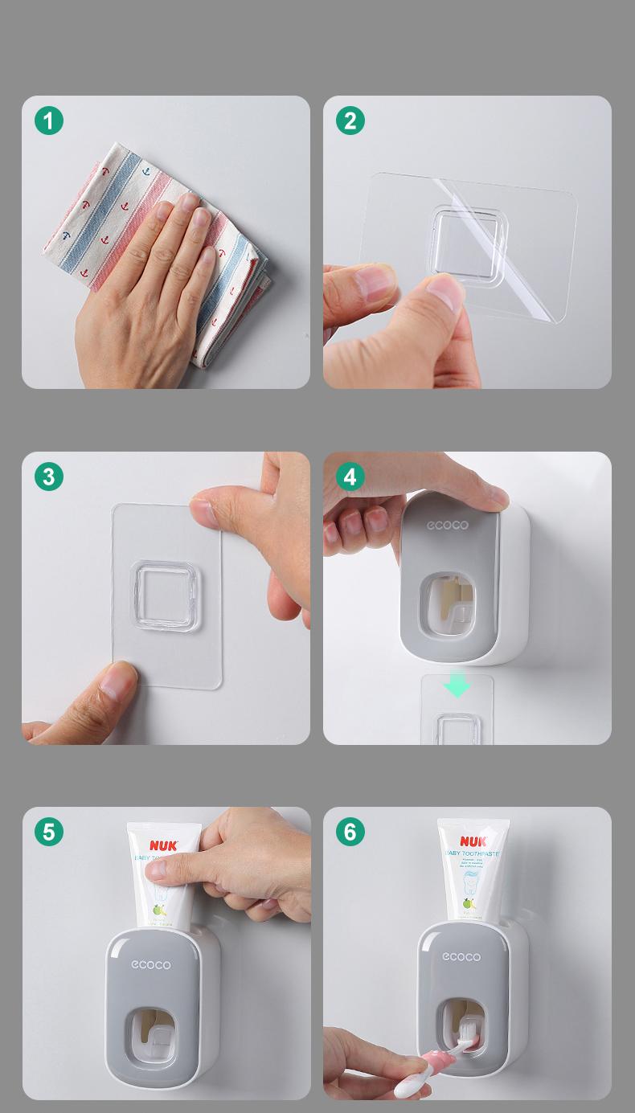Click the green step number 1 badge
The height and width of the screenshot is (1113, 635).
49,121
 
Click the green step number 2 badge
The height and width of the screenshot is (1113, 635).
350,121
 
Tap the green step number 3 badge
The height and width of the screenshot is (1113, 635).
49,477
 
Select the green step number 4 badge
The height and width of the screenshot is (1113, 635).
350,477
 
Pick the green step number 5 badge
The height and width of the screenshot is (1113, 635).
49,832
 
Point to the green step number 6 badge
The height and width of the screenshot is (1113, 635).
350,832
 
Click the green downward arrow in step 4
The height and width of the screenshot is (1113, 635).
457,685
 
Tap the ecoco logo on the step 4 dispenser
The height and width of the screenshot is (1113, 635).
447,526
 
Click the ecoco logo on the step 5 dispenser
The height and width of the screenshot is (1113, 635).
150,964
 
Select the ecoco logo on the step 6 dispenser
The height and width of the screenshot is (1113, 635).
461,956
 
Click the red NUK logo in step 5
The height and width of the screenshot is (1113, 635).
163,845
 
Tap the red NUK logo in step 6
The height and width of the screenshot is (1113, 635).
473,841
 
